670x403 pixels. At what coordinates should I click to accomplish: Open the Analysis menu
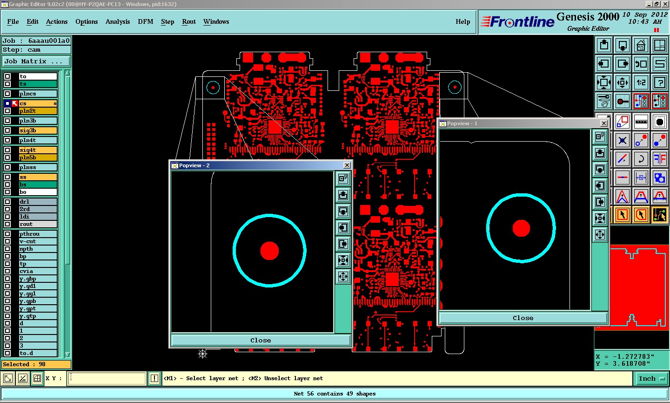tap(118, 21)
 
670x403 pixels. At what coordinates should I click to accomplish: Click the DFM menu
tap(145, 21)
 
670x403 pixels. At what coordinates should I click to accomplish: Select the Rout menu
tap(189, 21)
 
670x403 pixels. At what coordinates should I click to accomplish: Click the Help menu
tap(462, 21)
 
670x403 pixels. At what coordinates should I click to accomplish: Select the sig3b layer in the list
tap(38, 130)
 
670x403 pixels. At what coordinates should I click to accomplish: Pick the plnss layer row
tap(38, 167)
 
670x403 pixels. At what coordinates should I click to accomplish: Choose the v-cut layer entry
tap(38, 241)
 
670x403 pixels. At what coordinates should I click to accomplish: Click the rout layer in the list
tap(38, 224)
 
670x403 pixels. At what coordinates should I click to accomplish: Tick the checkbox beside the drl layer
tap(7, 202)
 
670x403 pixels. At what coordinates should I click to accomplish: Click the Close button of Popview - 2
tap(261, 341)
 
